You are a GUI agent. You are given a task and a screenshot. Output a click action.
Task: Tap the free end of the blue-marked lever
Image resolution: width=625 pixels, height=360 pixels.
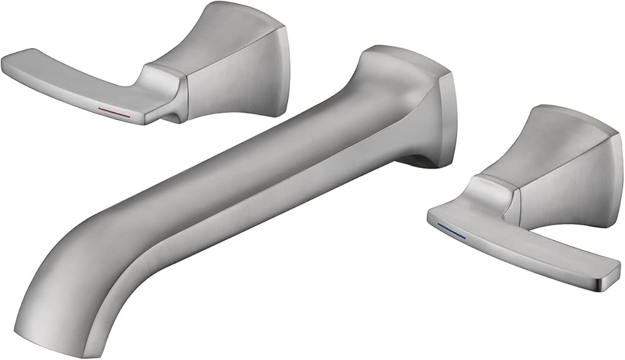coord(609,275)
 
